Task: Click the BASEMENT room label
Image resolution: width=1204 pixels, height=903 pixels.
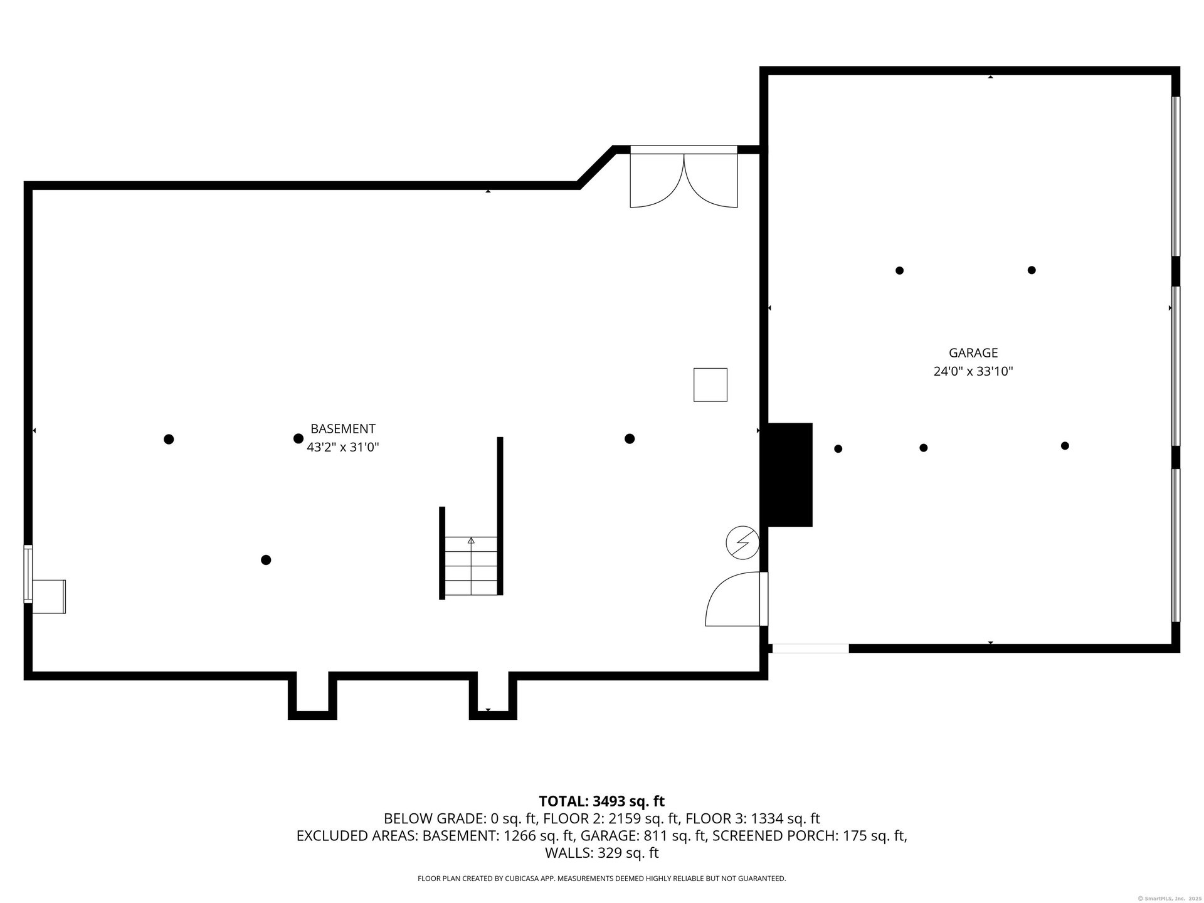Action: point(343,429)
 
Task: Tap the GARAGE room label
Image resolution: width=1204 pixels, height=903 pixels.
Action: point(973,353)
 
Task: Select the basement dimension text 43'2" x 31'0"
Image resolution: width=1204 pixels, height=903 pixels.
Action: point(343,447)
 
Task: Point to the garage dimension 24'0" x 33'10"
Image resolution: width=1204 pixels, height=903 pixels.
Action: point(973,371)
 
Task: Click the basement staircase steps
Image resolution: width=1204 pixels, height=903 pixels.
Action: point(471,566)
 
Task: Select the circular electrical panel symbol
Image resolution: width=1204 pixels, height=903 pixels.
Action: point(742,542)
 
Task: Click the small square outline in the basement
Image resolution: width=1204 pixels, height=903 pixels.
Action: point(710,384)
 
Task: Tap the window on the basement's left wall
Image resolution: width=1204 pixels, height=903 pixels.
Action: point(28,574)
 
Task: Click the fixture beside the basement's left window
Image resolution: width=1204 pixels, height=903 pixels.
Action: point(49,596)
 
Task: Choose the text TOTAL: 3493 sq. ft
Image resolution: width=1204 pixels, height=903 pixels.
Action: point(602,801)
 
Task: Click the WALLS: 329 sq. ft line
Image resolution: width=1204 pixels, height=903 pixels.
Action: point(602,853)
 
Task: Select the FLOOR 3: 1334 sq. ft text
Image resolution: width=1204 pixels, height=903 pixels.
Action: point(752,819)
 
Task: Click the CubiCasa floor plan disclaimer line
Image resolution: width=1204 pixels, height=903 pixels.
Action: point(602,879)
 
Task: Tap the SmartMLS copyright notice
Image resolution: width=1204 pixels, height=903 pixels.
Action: point(1170,899)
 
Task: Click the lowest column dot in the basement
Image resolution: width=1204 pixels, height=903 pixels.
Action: point(266,560)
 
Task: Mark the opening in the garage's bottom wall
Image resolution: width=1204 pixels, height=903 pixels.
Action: point(810,648)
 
